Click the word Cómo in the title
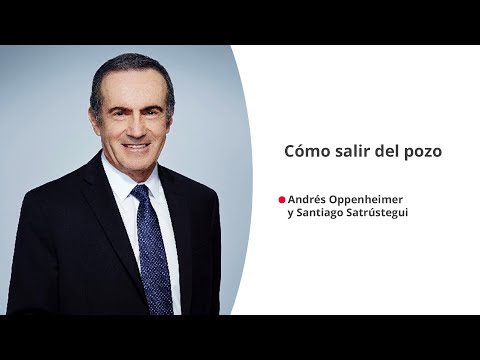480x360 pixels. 303,151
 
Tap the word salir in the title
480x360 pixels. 341,151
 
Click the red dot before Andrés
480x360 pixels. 282,199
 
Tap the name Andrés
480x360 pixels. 308,199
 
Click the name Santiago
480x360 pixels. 324,213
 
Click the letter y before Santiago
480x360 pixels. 290,214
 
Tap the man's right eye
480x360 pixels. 119,107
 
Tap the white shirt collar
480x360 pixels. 120,185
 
